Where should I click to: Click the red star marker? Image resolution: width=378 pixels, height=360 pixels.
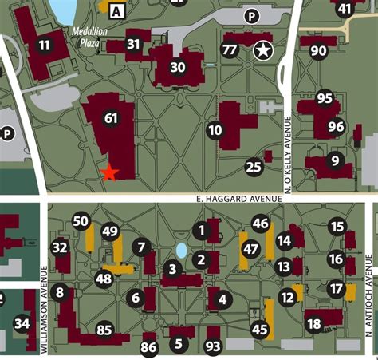[x=110, y=172]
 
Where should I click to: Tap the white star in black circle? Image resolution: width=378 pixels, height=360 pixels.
[x=262, y=51]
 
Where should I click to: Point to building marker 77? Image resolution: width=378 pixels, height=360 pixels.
[x=230, y=50]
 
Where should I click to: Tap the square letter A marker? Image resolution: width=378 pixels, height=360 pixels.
[x=118, y=11]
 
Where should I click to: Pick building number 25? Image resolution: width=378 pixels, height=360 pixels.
[x=254, y=167]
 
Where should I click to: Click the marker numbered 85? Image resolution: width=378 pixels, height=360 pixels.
[x=104, y=329]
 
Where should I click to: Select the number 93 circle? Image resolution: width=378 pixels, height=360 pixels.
[x=213, y=346]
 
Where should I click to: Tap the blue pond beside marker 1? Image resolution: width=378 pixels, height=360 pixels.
[x=181, y=251]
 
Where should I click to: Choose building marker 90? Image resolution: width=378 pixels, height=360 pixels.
[x=318, y=52]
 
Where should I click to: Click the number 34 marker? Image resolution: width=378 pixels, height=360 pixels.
[x=22, y=324]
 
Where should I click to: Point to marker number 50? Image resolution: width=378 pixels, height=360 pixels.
[x=81, y=221]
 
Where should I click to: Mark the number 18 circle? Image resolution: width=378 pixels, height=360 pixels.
[x=313, y=324]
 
